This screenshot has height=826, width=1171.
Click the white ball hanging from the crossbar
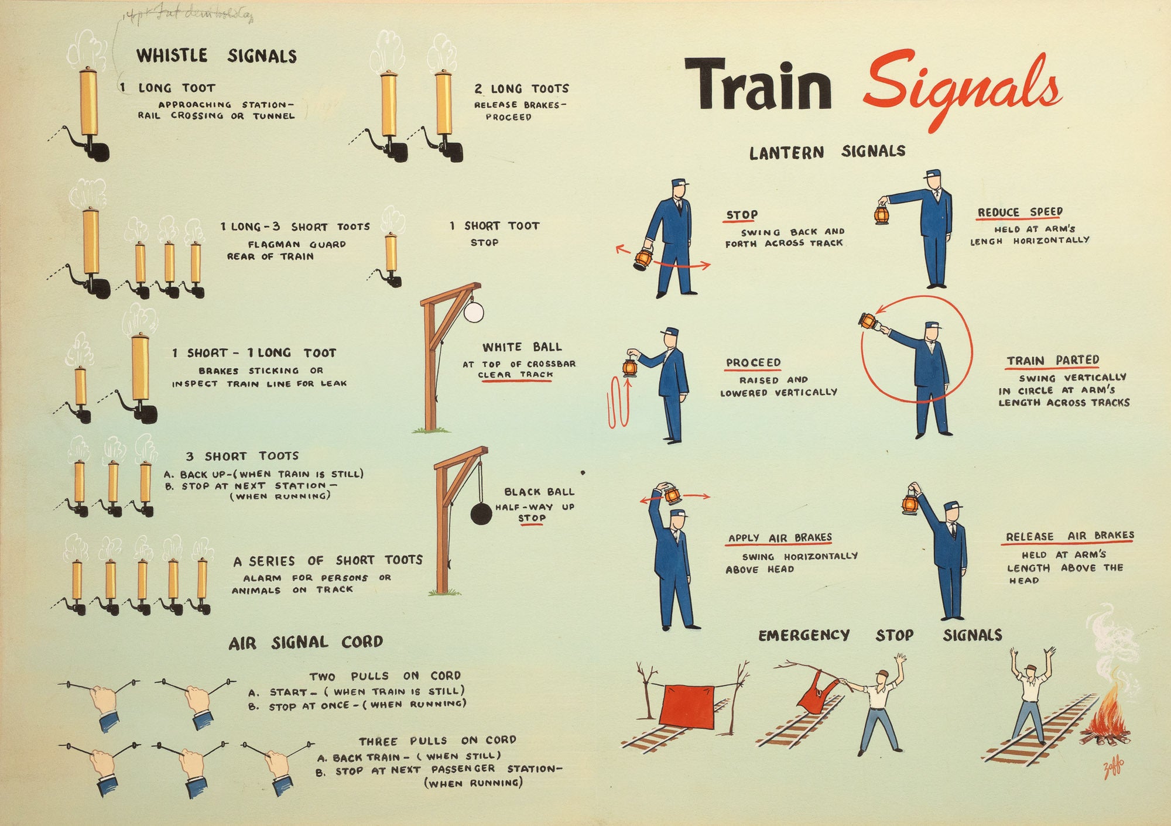click(474, 312)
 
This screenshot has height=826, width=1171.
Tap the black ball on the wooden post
click(481, 513)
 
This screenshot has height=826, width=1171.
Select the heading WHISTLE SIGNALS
click(217, 56)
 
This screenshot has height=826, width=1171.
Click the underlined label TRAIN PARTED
click(1053, 361)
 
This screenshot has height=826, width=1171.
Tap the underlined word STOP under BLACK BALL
click(532, 519)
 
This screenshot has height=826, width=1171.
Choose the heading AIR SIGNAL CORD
click(306, 643)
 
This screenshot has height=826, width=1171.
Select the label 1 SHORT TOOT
click(495, 226)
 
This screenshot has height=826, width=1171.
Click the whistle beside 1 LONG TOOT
click(88, 114)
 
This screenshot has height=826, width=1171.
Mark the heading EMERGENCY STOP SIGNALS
click(880, 635)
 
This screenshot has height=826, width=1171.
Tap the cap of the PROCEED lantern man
click(669, 332)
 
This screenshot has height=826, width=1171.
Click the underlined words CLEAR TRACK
click(515, 375)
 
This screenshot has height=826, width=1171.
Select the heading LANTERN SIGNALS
click(827, 152)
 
